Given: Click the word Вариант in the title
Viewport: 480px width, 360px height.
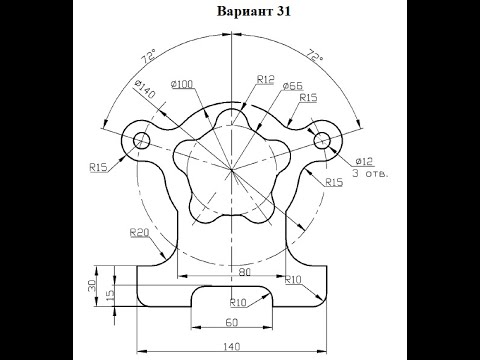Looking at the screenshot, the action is [x=245, y=11].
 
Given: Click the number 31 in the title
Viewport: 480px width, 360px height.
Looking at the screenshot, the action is [x=283, y=11].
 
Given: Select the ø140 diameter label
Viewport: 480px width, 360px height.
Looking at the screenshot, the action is [x=145, y=89].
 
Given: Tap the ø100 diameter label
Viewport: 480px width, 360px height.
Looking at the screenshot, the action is [x=182, y=84].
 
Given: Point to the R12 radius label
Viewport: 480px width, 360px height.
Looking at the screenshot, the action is [x=265, y=80].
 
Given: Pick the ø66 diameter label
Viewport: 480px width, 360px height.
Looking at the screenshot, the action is [x=293, y=86].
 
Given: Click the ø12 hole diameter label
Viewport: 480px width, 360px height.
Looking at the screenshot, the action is [x=364, y=162].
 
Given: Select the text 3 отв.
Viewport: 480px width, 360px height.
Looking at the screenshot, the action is [x=371, y=174].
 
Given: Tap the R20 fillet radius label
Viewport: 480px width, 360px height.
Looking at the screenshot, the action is [x=139, y=232].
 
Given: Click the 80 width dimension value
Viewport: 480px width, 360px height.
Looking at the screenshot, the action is [x=245, y=272].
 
